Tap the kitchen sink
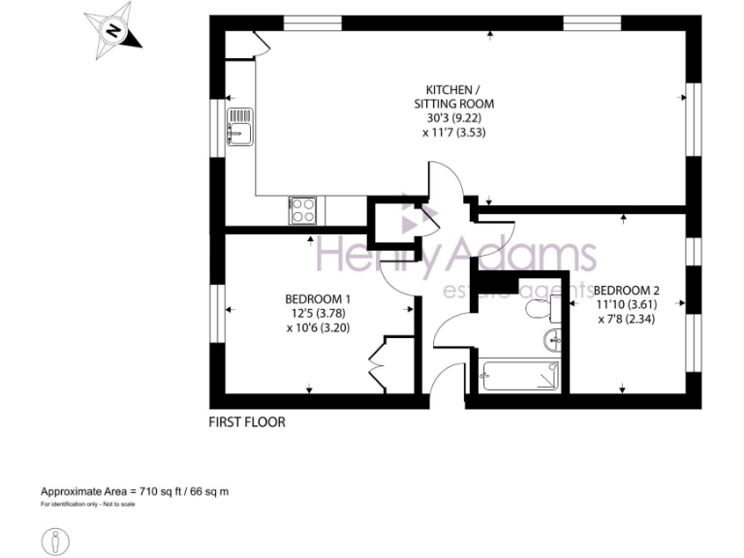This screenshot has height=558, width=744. pos(238,127)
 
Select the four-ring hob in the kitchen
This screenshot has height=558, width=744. pos(302,209)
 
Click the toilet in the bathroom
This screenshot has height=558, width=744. pos(536,309)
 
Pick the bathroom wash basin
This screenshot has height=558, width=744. pos(551,339)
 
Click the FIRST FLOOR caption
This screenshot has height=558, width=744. pos(248,422)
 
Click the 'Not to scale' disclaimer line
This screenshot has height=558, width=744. pos(88,505)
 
